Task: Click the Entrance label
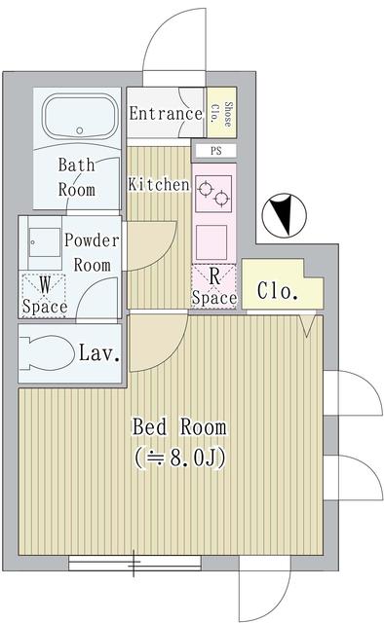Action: pos(166,114)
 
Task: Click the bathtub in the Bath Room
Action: pos(78,118)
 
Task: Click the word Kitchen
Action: pos(159,183)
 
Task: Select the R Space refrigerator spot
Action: pos(213,284)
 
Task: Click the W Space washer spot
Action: pos(45,295)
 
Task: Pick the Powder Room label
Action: pos(93,251)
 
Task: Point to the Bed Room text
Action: pos(179,426)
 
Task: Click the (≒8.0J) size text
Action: pos(180,458)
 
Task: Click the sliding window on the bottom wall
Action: pos(134,561)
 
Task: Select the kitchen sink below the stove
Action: pos(213,239)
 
